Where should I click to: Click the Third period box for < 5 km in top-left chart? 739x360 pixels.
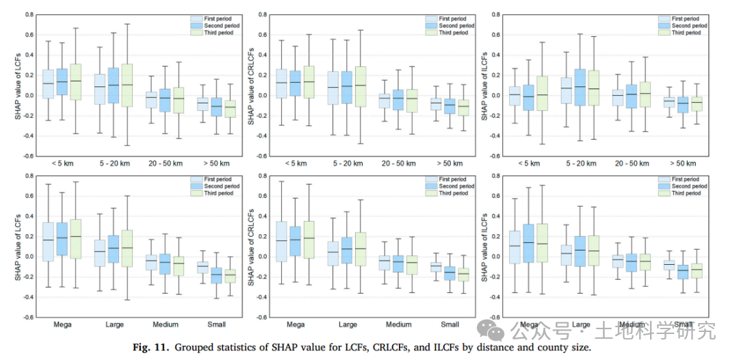(76, 82)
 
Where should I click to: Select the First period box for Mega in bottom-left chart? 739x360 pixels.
(48, 242)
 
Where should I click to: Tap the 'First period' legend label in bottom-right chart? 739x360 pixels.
(686, 179)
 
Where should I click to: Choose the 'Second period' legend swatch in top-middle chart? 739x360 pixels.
(432, 26)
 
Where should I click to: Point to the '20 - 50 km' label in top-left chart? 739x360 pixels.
(166, 164)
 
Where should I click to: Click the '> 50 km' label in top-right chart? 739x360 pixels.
(682, 164)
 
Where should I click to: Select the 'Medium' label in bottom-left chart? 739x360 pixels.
(166, 324)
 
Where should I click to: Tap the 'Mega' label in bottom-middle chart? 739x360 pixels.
(296, 324)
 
